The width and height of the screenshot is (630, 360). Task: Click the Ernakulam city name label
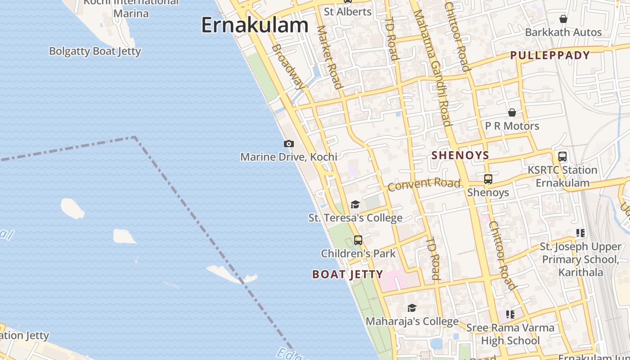(255, 25)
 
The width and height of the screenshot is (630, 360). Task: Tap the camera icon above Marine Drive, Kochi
(289, 144)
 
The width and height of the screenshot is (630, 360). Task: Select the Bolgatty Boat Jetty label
(95, 51)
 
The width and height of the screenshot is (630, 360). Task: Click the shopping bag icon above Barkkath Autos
(563, 19)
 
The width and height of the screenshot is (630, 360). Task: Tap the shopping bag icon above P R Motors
(512, 112)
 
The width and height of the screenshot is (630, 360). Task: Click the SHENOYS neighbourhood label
(460, 156)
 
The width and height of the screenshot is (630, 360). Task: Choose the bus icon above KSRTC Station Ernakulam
(562, 157)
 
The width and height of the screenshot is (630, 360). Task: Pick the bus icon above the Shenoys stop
(488, 179)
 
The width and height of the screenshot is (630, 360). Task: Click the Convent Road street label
(424, 184)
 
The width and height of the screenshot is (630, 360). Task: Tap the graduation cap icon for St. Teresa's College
(355, 205)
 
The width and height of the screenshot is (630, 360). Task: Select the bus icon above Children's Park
(358, 240)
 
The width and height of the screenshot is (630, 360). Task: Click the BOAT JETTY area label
(347, 274)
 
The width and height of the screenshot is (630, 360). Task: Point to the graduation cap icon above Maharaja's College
(412, 308)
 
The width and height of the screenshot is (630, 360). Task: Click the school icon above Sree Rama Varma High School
(510, 314)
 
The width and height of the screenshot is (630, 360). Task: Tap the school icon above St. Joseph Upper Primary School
(580, 233)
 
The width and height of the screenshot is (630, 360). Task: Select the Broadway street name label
(288, 67)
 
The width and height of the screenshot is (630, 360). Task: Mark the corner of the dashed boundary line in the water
(135, 137)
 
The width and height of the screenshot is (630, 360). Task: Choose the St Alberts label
(348, 12)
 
